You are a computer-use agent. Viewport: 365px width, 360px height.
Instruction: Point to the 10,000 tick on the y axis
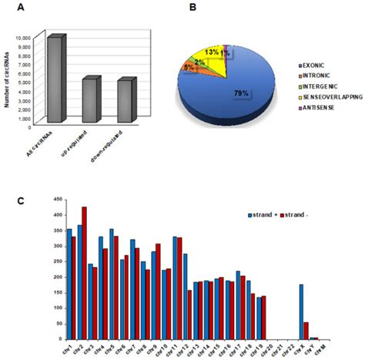(x=43, y=37)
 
